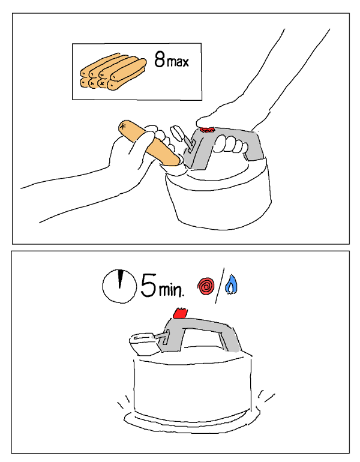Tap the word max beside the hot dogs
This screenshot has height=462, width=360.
178,62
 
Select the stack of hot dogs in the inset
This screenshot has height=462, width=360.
113,71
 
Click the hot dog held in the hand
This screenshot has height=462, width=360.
149,143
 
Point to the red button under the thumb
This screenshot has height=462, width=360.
208,130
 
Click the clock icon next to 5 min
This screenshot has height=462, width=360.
119,286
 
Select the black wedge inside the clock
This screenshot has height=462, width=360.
120,278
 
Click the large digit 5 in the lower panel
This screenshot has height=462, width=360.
148,285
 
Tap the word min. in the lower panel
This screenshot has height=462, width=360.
172,289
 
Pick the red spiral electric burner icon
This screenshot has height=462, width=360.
206,286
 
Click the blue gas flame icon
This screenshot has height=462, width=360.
231,284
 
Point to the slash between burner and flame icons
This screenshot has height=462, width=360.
220,286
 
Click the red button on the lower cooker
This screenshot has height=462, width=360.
179,313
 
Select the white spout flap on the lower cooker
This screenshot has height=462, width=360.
142,343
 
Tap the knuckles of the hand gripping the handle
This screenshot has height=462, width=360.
230,145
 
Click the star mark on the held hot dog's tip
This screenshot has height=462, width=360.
123,127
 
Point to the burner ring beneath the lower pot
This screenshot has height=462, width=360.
191,424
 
